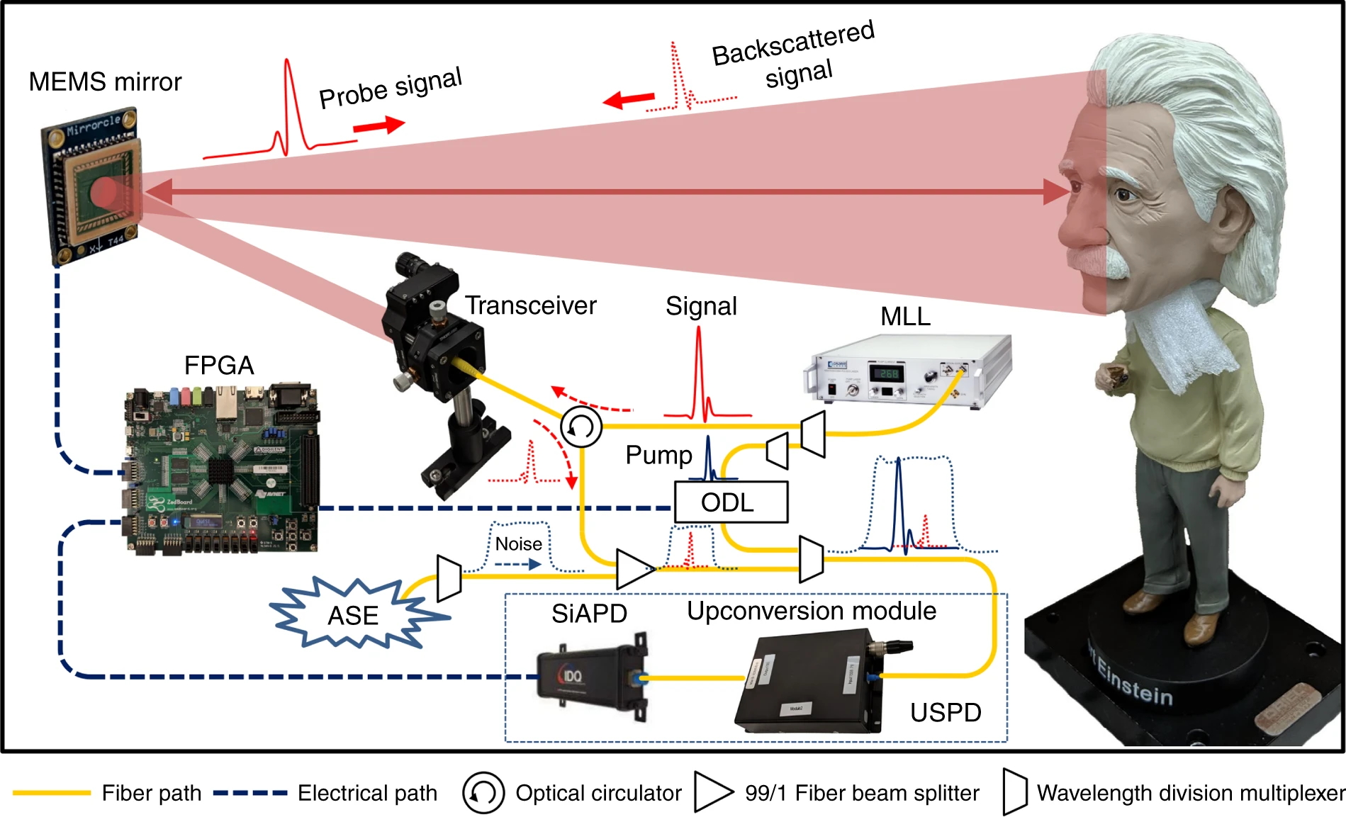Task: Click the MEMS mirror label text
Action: click(x=105, y=82)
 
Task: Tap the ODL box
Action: click(x=730, y=502)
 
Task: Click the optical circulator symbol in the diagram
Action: click(x=581, y=427)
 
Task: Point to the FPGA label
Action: click(x=219, y=366)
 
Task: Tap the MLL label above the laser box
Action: click(x=905, y=316)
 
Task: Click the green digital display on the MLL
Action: click(x=888, y=373)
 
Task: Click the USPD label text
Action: click(x=946, y=712)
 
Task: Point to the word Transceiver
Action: click(x=531, y=305)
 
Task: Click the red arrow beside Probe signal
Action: click(x=379, y=126)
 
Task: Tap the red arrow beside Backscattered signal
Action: click(x=629, y=99)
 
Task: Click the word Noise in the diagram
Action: click(x=519, y=544)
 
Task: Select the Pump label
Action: click(x=658, y=455)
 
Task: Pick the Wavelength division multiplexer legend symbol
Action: click(x=1015, y=792)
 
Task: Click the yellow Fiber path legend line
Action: click(x=52, y=793)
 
